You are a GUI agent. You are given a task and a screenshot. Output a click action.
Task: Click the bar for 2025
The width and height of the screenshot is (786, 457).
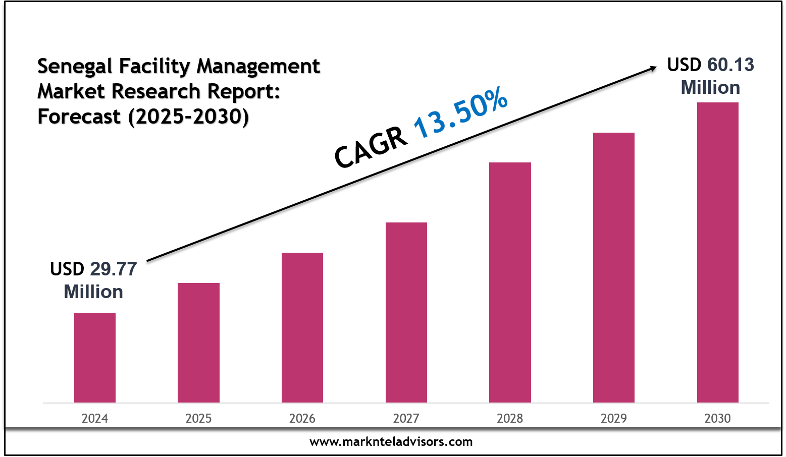click(x=198, y=342)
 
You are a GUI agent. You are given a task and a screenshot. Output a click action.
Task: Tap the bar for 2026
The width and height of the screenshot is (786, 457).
click(x=302, y=327)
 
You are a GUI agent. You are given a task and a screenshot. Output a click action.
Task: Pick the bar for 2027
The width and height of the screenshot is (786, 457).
click(x=406, y=312)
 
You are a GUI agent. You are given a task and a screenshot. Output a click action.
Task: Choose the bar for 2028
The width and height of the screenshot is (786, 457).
click(x=510, y=282)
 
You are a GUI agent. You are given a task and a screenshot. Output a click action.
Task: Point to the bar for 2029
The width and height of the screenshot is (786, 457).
click(x=614, y=267)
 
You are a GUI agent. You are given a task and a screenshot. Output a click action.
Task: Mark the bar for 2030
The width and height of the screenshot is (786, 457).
click(x=717, y=252)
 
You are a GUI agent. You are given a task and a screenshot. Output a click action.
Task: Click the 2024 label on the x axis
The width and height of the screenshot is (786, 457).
click(x=95, y=418)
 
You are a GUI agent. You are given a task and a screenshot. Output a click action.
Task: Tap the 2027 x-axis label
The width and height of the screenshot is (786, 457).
click(x=406, y=418)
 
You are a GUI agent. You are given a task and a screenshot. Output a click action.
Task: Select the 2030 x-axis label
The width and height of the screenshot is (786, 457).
click(x=717, y=418)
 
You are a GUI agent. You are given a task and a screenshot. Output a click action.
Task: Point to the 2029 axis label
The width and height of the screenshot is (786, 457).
click(x=614, y=418)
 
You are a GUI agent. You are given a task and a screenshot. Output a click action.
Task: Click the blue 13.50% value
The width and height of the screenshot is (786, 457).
click(x=461, y=113)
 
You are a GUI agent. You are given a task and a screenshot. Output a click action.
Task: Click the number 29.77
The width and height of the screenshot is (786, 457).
click(x=114, y=269)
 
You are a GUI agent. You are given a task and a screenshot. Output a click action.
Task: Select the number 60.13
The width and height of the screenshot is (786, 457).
click(x=730, y=65)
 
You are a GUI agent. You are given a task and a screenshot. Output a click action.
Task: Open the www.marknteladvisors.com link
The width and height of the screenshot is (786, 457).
click(x=391, y=442)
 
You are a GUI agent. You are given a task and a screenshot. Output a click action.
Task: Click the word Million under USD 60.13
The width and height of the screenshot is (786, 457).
click(x=710, y=88)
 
